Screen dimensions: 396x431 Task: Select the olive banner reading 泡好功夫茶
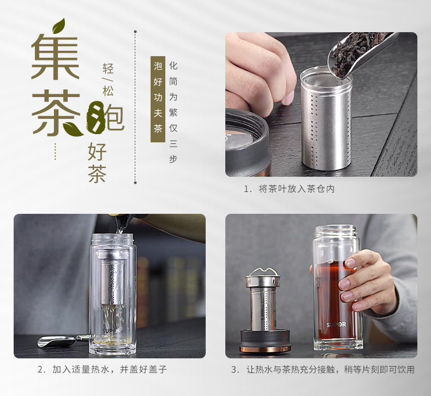point(158,98)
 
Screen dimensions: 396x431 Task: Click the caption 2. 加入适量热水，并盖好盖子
point(102,369)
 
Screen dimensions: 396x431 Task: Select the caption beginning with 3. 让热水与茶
point(322,369)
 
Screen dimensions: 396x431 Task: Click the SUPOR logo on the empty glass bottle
point(111,329)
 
